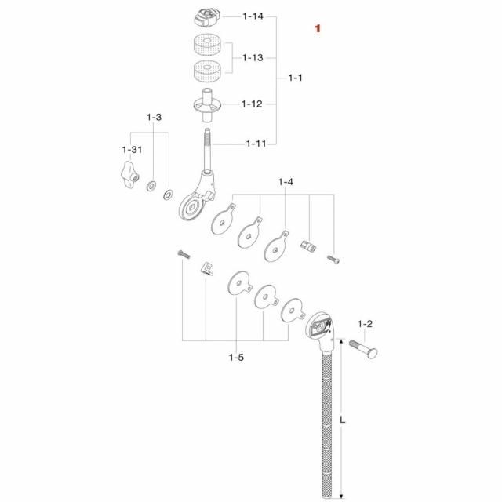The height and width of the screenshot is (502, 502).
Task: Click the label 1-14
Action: coord(253,16)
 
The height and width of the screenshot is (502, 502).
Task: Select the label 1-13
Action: coord(253,58)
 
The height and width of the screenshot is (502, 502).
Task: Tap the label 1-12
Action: coord(252,104)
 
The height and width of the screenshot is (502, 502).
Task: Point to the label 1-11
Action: coord(256,144)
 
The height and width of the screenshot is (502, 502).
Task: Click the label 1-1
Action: coord(295,78)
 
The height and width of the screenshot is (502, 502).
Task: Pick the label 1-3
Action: coord(154,118)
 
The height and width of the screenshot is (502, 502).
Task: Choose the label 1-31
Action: coord(132,150)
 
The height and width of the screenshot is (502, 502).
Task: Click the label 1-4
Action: coord(286,182)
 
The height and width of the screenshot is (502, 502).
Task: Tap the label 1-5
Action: coord(236,358)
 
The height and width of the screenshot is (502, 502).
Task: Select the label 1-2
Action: coord(365,324)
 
